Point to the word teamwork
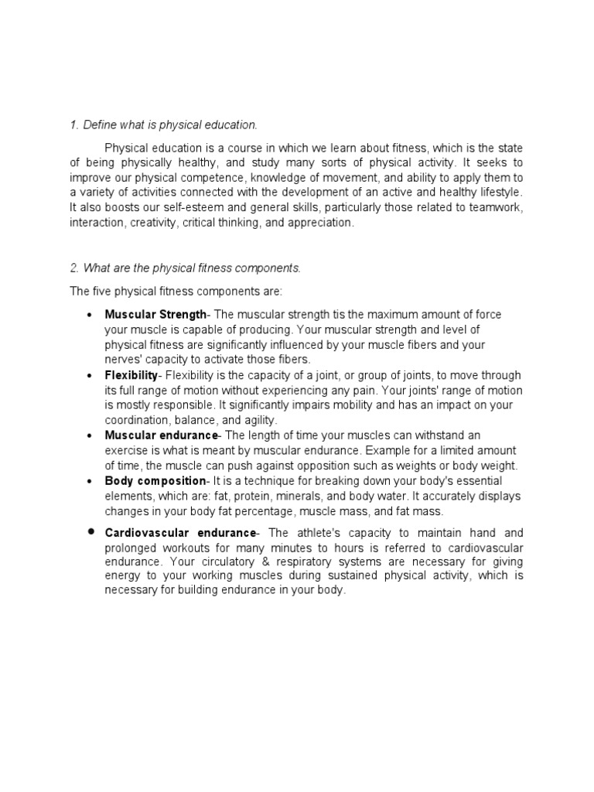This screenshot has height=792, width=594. [497, 207]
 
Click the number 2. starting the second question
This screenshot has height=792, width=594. [74, 268]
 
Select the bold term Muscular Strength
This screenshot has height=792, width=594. [155, 314]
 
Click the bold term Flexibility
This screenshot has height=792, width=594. [131, 375]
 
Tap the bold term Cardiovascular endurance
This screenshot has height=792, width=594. [180, 533]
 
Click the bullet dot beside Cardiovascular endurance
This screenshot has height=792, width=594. [90, 532]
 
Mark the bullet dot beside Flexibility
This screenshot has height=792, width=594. [90, 375]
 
